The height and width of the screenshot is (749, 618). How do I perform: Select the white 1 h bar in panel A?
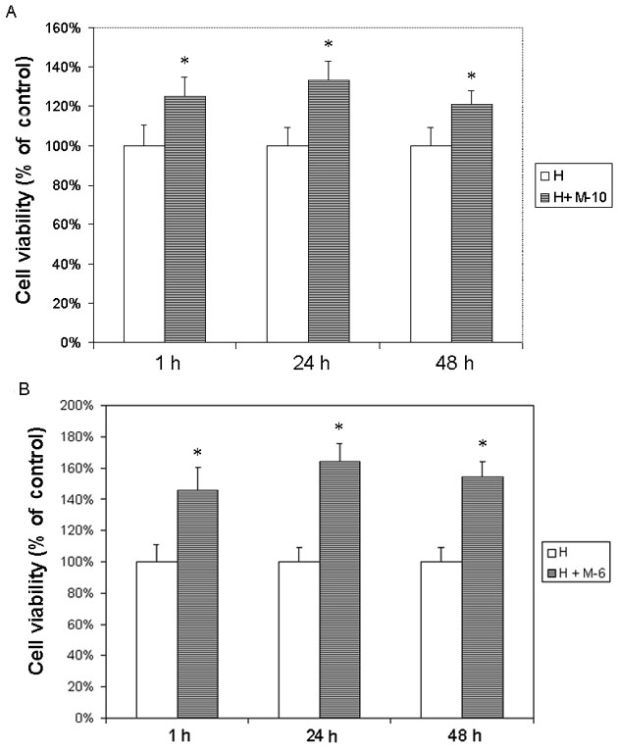143,244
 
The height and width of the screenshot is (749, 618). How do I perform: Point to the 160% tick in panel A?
80,27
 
